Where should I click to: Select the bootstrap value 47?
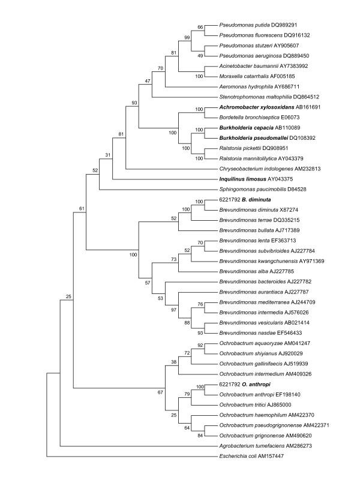click(x=148, y=80)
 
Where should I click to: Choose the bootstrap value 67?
click(x=161, y=392)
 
